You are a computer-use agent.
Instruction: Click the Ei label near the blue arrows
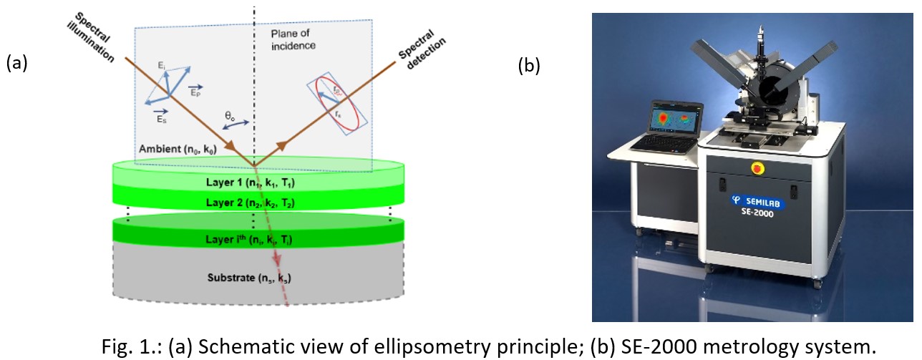(162, 66)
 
